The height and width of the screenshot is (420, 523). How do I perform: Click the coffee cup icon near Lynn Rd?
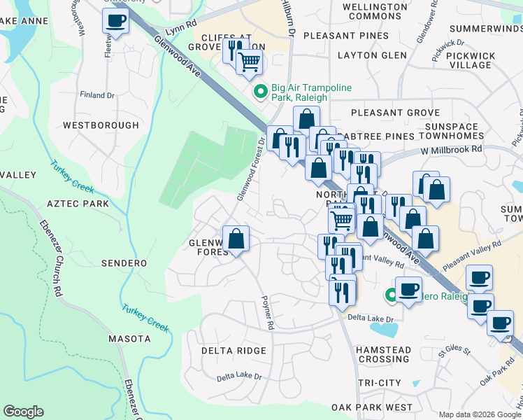click(x=116, y=21)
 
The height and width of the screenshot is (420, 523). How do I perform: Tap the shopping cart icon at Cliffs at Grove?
click(x=249, y=62)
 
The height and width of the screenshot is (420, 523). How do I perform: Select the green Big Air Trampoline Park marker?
click(x=260, y=92)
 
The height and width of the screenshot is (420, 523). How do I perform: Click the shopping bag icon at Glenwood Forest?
click(x=236, y=239)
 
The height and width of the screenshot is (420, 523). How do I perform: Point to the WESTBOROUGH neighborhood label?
click(x=101, y=125)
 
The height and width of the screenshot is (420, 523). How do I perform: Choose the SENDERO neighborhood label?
click(x=124, y=263)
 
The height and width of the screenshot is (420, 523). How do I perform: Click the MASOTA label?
click(x=129, y=339)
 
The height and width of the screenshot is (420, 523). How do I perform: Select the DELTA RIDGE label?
click(x=234, y=351)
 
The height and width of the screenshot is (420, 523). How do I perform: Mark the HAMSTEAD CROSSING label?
click(x=383, y=354)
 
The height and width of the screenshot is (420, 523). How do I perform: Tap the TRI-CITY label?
click(x=379, y=383)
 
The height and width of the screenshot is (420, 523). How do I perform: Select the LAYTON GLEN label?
click(x=371, y=55)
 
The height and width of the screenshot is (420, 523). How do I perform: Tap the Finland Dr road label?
click(x=97, y=95)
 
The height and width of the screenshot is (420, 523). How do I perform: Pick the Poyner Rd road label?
click(x=266, y=312)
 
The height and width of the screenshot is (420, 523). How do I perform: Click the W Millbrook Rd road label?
click(x=452, y=149)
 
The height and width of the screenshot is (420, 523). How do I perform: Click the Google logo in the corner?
click(x=23, y=411)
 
